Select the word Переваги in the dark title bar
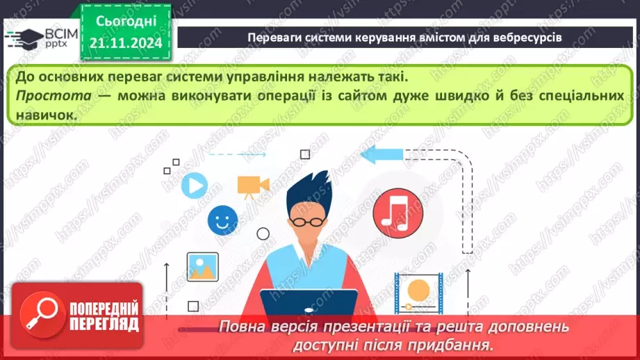click(x=274, y=37)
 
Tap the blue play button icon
click(x=194, y=185)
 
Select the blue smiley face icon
click(x=222, y=220)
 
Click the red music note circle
click(x=393, y=213)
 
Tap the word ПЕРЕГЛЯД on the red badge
click(x=104, y=324)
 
